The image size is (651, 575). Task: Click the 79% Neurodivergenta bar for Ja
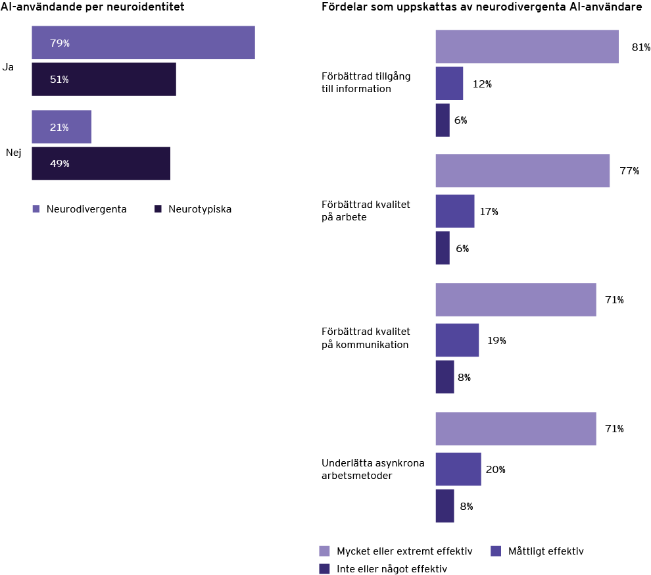(x=143, y=43)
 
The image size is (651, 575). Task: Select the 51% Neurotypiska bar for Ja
(x=103, y=80)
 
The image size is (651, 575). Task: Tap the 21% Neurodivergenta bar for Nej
(x=61, y=127)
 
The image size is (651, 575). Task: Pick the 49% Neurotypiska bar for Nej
(x=101, y=164)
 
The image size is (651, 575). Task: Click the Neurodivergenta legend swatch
(x=36, y=209)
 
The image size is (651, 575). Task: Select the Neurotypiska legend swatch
(x=158, y=209)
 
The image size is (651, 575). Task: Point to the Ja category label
(x=8, y=67)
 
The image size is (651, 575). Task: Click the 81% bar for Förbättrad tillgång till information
(x=527, y=47)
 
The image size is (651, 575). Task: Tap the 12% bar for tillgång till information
(x=449, y=83)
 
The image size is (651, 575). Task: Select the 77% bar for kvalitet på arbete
(x=522, y=170)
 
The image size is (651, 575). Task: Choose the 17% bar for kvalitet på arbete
(x=454, y=211)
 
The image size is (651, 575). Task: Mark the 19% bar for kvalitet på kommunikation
(x=457, y=340)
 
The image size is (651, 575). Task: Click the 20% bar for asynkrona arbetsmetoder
(x=458, y=469)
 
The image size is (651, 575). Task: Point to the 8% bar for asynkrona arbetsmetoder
(x=445, y=506)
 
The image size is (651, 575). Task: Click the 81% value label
(x=640, y=47)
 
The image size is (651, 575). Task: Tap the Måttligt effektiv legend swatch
(x=496, y=551)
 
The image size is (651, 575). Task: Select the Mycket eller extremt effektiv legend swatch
(x=324, y=551)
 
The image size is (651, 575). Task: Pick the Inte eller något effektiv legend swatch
(x=324, y=568)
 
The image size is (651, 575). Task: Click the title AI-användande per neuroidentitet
(x=92, y=7)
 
